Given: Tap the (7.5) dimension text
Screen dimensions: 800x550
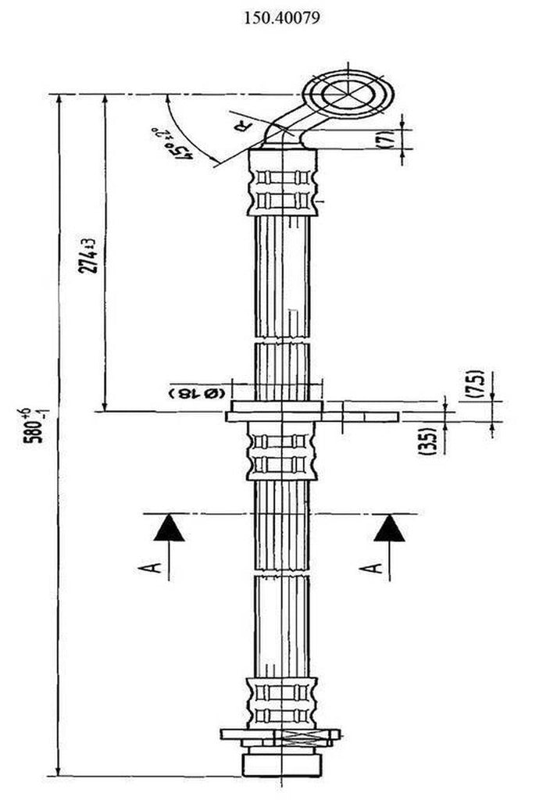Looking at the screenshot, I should [x=477, y=384].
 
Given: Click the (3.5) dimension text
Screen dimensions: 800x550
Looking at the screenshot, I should [x=429, y=439].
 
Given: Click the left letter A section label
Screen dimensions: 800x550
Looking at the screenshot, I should [x=155, y=566].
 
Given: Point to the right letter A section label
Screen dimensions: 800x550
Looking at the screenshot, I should [x=377, y=566].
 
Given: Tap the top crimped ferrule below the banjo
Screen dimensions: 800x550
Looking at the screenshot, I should [x=281, y=183].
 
